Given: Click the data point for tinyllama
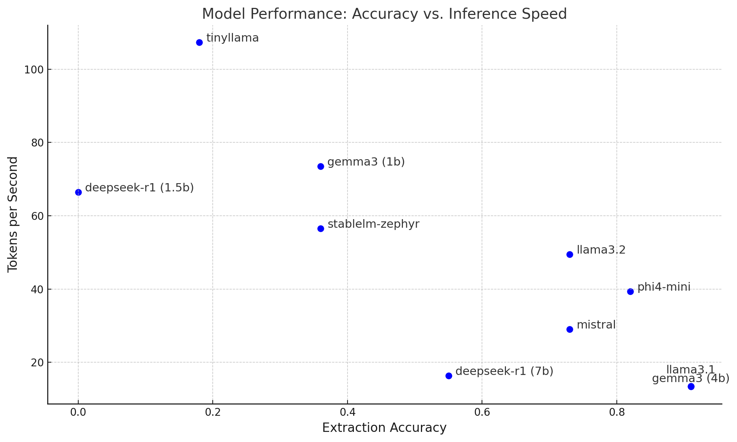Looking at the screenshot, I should point(199,42).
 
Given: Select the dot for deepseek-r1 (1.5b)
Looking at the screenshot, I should point(78,192).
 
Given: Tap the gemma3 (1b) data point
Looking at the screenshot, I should point(321,166).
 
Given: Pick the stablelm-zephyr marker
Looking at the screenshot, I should point(321,228).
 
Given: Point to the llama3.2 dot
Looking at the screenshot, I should point(570,254).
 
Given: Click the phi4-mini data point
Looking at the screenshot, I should point(630,291).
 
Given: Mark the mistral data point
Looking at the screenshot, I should point(570,329).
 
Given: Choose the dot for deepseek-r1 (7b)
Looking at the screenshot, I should point(449,376).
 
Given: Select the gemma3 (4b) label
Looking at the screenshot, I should point(691,379).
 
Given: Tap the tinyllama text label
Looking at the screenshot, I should point(233,38).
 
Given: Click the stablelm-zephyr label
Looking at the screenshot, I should point(373,224).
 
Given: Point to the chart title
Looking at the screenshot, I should point(384,14).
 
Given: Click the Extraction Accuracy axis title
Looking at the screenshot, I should point(384,428).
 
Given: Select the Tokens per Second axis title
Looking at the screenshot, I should point(13,214).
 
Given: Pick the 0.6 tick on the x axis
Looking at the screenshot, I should point(482,412).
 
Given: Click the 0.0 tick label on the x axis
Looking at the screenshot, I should point(78,412).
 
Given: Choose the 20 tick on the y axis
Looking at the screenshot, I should point(37,363).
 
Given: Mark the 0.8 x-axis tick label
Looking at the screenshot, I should point(616,412).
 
